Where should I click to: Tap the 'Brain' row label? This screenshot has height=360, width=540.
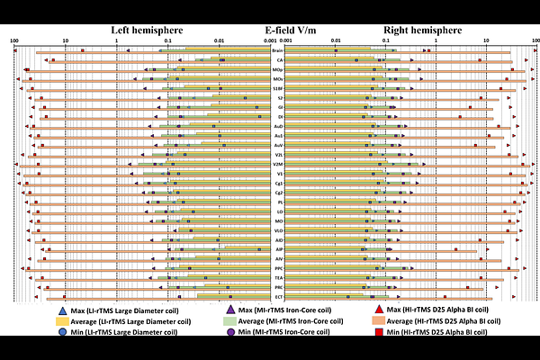pos(279,50)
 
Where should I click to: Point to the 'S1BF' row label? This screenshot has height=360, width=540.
pos(279,88)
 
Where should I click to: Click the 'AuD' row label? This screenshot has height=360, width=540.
pos(279,126)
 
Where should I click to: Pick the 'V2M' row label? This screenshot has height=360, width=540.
pos(279,164)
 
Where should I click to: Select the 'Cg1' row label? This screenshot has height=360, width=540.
pos(279,183)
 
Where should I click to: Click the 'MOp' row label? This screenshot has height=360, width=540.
pos(279,69)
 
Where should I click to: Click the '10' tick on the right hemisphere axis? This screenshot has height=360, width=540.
pos(486,40)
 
